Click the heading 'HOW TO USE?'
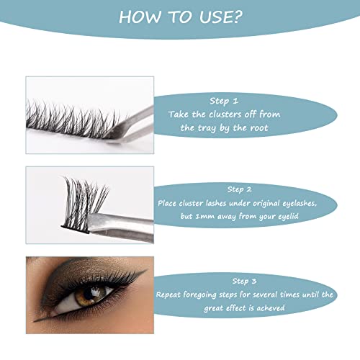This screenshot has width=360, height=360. [x=180, y=17]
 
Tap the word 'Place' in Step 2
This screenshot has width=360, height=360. [x=171, y=203]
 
